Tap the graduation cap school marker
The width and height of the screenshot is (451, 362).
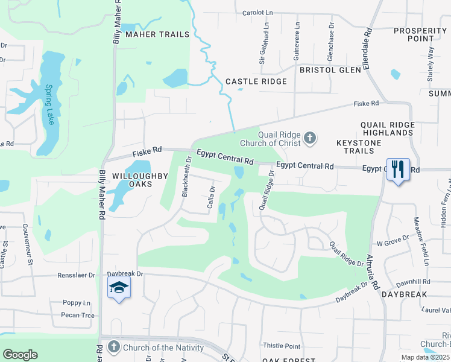point(119,288)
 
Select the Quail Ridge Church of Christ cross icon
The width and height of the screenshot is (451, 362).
point(310,138)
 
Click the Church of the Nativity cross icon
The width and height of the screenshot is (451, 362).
point(114,347)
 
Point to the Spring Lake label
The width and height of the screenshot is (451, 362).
point(49,104)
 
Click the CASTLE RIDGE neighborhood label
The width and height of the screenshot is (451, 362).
point(256,81)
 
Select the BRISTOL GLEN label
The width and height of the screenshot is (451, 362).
point(331,70)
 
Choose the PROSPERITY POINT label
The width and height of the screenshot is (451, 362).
point(420,34)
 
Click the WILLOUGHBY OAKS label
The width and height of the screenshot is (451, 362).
point(128,180)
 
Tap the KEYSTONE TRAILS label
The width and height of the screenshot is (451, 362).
point(359,147)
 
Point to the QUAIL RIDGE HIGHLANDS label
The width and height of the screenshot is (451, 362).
point(387,129)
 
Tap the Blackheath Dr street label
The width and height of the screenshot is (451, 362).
point(186,177)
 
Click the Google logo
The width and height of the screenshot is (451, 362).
point(20,354)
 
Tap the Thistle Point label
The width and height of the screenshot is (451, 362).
point(282,346)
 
